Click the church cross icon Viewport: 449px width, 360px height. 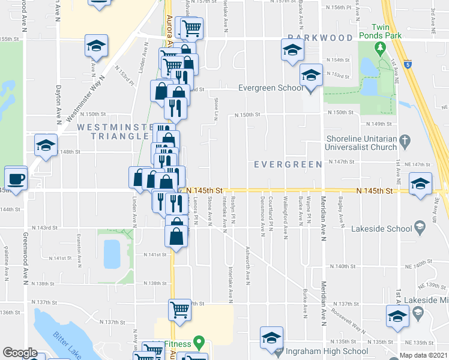pyautogui.click(x=405, y=142)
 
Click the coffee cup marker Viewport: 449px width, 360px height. pyautogui.click(x=15, y=178)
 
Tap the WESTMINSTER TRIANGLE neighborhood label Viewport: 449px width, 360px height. pyautogui.click(x=113, y=131)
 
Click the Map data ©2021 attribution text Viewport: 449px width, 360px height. pyautogui.click(x=423, y=355)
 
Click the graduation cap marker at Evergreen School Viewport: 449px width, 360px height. pyautogui.click(x=311, y=76)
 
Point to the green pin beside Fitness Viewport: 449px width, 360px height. pyautogui.click(x=199, y=344)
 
